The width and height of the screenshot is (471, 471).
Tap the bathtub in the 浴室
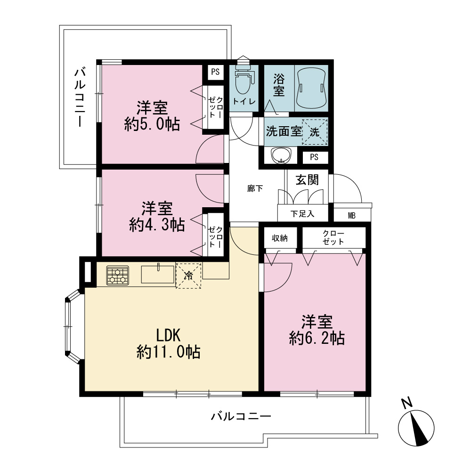(x=311, y=87)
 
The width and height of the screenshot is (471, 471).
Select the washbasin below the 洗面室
(x=281, y=155)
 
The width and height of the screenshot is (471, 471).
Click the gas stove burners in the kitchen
(x=117, y=275)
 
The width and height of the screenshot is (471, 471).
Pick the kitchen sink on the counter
(x=158, y=274)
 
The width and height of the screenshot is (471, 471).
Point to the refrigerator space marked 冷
(x=188, y=276)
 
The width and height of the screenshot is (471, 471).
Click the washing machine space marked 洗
(x=315, y=132)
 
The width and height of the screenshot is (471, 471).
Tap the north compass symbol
(x=416, y=424)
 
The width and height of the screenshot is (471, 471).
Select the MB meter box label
(x=352, y=216)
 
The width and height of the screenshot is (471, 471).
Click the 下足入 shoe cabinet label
(x=302, y=214)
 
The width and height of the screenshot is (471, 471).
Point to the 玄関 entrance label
(x=307, y=180)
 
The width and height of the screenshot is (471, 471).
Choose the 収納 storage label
(x=280, y=238)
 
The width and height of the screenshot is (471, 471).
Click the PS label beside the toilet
(x=215, y=72)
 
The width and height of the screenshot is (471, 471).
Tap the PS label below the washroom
(x=314, y=157)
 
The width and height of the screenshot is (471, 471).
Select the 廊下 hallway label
(x=255, y=189)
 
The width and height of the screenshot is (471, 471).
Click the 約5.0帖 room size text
(x=152, y=124)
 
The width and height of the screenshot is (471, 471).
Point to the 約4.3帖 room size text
(x=157, y=225)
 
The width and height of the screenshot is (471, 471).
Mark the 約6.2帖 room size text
(x=317, y=338)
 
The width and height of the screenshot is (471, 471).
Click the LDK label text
(x=168, y=335)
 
